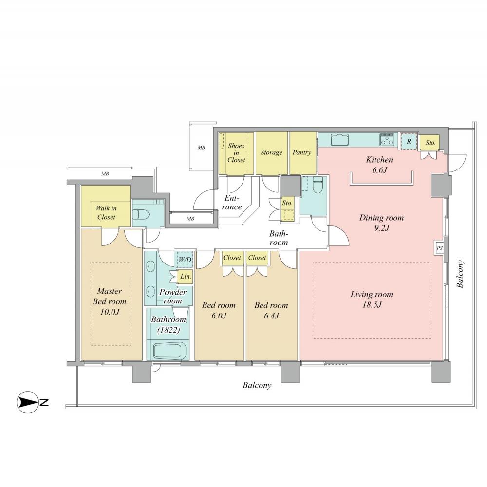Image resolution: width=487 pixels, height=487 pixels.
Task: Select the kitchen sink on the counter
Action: [339, 140]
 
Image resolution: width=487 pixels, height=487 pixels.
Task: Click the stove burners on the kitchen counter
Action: [387, 139]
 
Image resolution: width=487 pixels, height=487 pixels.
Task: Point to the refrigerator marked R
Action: [409, 142]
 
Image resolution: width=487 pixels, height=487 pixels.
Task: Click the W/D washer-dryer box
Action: [185, 260]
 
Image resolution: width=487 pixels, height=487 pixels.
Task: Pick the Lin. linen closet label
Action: [185, 276]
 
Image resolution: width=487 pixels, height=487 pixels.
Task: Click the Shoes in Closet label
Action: [236, 153]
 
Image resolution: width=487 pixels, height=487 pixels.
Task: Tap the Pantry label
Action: [302, 152]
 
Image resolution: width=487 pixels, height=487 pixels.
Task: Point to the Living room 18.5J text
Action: [372, 300]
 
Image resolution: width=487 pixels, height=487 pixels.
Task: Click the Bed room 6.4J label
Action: [271, 310]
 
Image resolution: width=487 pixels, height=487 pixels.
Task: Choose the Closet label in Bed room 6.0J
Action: [232, 258]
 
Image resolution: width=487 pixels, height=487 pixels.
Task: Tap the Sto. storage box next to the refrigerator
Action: [430, 143]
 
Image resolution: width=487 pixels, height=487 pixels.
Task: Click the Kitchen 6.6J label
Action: [379, 164]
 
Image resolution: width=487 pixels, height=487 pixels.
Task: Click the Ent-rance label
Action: [232, 203]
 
